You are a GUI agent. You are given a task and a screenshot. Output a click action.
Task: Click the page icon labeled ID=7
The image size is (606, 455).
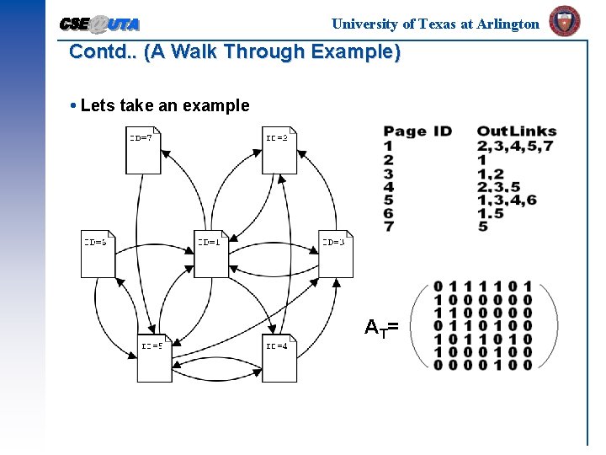click(x=143, y=149)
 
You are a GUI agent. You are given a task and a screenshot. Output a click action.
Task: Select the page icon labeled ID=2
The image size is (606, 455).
click(x=279, y=149)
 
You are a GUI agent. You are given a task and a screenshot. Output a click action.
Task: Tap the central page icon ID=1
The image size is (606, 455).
click(x=211, y=254)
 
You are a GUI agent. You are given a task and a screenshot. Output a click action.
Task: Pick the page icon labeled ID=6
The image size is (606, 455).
click(x=98, y=254)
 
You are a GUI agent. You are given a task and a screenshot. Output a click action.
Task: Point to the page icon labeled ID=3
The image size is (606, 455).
click(x=335, y=254)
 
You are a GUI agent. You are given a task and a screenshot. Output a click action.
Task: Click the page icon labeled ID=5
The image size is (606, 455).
click(x=155, y=357)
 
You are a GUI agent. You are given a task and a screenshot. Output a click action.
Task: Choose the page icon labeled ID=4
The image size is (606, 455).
click(x=279, y=357)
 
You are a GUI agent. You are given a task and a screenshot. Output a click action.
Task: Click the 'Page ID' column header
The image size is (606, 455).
click(x=417, y=131)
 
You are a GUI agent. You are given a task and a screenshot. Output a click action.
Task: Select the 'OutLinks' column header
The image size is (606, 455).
click(x=516, y=131)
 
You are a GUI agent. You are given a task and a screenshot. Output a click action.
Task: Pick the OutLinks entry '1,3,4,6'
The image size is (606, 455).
click(x=506, y=200)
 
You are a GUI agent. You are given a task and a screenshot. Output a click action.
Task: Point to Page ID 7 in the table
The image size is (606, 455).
click(x=388, y=227)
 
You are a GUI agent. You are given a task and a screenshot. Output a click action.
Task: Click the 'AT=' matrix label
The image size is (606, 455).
click(x=380, y=327)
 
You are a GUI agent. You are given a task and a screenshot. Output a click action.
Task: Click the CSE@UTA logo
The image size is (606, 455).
click(x=100, y=24)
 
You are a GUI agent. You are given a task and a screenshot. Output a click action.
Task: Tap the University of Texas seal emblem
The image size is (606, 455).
click(x=564, y=21)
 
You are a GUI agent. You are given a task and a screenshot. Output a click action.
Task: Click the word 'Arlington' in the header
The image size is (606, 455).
click(x=508, y=24)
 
